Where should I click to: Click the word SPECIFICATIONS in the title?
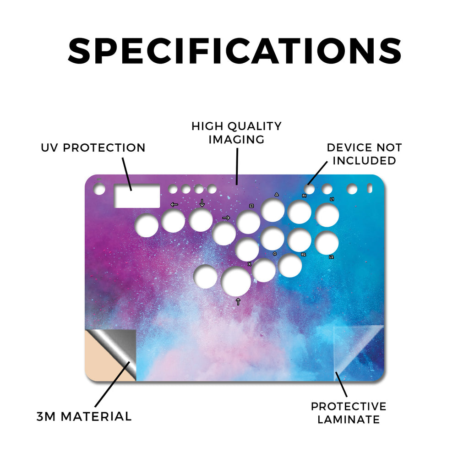click(234, 51)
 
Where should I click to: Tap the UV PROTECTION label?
click(93, 148)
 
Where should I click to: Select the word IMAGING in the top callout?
click(236, 139)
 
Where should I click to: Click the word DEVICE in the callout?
click(347, 147)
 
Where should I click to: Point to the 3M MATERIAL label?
click(84, 416)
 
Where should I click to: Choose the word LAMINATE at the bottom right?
click(349, 420)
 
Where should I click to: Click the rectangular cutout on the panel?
click(137, 196)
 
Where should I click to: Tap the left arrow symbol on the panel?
click(174, 205)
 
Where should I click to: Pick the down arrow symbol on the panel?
click(202, 203)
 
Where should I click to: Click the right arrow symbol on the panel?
click(226, 218)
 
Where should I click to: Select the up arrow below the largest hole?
click(238, 301)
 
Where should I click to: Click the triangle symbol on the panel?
click(277, 194)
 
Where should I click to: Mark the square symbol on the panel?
click(251, 206)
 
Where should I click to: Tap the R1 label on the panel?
click(304, 196)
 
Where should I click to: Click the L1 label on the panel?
click(332, 199)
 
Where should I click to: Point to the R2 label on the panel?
click(303, 255)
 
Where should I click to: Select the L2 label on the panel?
click(331, 257)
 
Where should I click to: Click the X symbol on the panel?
click(250, 264)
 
